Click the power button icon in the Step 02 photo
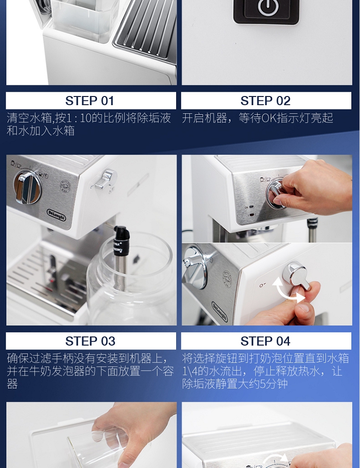[x=268, y=7]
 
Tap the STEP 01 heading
[x=90, y=101]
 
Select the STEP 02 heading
[x=265, y=101]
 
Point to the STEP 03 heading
[x=90, y=341]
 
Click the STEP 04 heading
[x=265, y=341]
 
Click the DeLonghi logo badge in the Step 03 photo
[x=56, y=215]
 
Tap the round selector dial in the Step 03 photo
[x=27, y=188]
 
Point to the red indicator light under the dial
[x=252, y=214]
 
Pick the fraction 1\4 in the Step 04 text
[x=190, y=371]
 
